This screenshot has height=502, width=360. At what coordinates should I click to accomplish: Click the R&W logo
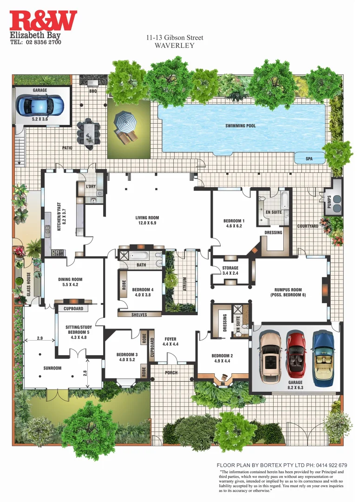click(x=43, y=21)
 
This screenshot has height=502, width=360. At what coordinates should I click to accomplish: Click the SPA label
click(x=309, y=159)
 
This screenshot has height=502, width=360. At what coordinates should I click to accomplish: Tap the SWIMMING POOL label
click(x=240, y=125)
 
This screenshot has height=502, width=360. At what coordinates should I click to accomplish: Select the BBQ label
click(x=92, y=92)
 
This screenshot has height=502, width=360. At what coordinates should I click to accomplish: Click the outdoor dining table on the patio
click(x=88, y=133)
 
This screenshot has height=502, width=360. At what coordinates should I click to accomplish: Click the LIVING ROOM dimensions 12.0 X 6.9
click(x=147, y=223)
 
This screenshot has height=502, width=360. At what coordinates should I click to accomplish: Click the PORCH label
click(x=171, y=372)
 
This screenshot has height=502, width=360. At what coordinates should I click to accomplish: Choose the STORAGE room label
click(x=230, y=268)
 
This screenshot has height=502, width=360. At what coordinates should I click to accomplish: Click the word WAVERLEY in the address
click(x=174, y=46)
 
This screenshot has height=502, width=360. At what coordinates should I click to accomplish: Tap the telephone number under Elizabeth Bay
click(x=35, y=42)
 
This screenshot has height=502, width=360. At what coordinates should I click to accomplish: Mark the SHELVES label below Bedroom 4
click(x=139, y=315)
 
